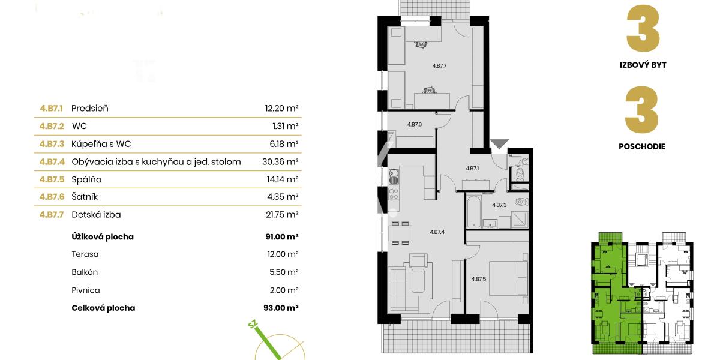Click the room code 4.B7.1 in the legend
point(52,109)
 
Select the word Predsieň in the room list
point(89,109)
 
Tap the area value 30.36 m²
point(282,161)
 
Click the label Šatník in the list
point(85,196)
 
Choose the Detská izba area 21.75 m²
point(282,214)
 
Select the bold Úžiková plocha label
point(102,237)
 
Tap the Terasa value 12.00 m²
point(282,254)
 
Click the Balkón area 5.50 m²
point(284,272)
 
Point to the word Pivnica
point(85,290)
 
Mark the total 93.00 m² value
point(281,308)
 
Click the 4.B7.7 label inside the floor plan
point(440,65)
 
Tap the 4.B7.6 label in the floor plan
point(415,125)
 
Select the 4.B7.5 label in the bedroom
point(478,278)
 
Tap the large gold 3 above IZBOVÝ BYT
point(643,29)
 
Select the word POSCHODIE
point(642,146)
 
